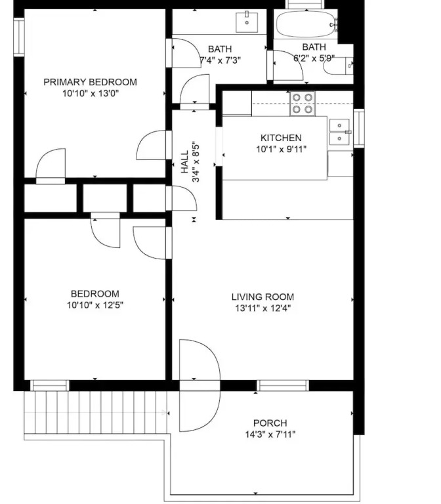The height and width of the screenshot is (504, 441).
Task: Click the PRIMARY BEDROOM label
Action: [91, 82]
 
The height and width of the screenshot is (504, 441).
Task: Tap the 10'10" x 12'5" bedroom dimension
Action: [95, 304]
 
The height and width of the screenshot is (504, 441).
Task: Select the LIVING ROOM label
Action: [262, 297]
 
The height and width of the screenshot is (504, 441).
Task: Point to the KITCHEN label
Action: [281, 138]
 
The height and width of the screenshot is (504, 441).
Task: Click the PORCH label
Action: [270, 423]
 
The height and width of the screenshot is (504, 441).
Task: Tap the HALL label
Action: [185, 162]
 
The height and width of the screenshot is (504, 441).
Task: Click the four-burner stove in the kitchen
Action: [303, 104]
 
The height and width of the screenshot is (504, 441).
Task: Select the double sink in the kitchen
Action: [339, 131]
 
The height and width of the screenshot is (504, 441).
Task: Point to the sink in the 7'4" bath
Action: [247, 22]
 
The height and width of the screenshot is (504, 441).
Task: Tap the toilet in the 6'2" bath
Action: [338, 66]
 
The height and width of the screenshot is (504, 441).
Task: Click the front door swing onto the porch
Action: [199, 385]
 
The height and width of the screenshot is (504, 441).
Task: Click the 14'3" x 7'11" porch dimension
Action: [270, 434]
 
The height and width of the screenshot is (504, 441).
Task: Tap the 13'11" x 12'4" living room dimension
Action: [262, 308]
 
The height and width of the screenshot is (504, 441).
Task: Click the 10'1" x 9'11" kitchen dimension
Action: [281, 149]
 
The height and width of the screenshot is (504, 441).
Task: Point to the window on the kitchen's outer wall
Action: [359, 128]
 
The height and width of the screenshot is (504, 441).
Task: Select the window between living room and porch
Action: [283, 385]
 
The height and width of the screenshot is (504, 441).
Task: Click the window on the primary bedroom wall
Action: [19, 37]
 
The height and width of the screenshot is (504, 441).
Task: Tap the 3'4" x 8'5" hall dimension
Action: [196, 162]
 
